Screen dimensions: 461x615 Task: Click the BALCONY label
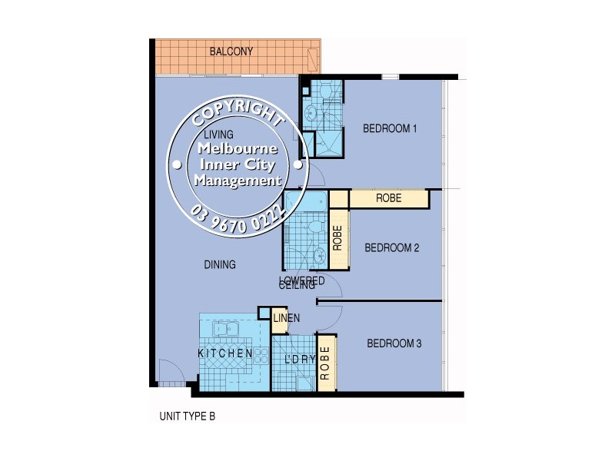pyautogui.click(x=231, y=52)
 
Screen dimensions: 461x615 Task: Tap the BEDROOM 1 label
pyautogui.click(x=390, y=129)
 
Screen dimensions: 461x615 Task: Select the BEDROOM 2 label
pyautogui.click(x=391, y=247)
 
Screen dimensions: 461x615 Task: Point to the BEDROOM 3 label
pyautogui.click(x=394, y=343)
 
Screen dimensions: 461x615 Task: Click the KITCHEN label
pyautogui.click(x=225, y=353)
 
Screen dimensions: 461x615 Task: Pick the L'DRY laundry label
pyautogui.click(x=296, y=360)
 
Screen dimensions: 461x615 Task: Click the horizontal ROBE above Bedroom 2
pyautogui.click(x=388, y=199)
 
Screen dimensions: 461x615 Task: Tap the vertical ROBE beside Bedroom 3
pyautogui.click(x=325, y=364)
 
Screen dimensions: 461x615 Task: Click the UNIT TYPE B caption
pyautogui.click(x=188, y=416)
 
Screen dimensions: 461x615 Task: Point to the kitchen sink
pyautogui.click(x=228, y=330)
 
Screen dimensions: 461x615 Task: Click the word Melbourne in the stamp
pyautogui.click(x=238, y=151)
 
